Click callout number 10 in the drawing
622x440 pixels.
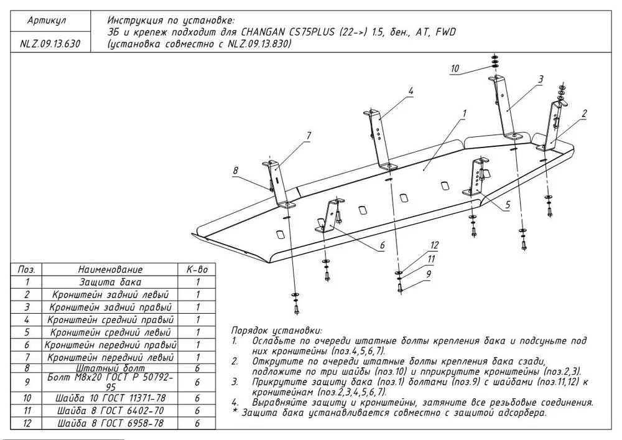point(455,68)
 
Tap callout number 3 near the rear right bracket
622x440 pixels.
point(541,79)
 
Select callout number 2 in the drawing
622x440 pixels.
point(584,113)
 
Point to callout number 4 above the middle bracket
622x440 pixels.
point(411,91)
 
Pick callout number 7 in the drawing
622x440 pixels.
point(308,135)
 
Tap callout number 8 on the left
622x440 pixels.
point(236,169)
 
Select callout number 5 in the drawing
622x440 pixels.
point(508,204)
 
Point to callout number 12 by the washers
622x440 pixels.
point(434,245)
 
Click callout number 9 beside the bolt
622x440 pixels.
point(429,273)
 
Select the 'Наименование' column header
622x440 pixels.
point(110,269)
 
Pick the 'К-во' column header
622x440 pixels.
point(197,269)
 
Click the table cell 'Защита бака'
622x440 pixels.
point(110,282)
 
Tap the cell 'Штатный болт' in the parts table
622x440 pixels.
point(110,368)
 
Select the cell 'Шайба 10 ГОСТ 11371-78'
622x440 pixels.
point(110,398)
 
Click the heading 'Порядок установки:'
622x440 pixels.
point(276,330)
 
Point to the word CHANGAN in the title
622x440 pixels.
point(264,32)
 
